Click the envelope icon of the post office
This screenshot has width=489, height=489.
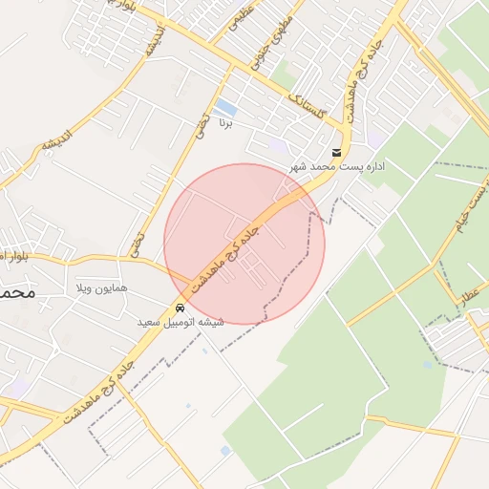point(336,153)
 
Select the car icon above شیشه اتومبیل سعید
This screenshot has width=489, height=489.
point(181,308)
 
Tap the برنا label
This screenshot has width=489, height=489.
point(225,123)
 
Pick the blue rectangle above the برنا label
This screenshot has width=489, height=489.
point(225,106)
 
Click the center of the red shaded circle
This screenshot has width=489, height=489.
point(244,244)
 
